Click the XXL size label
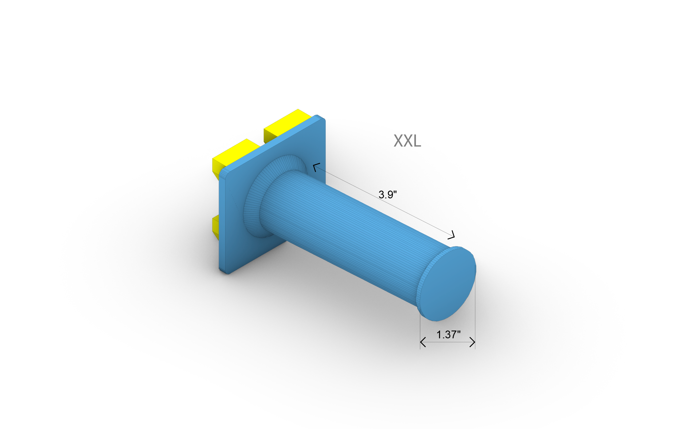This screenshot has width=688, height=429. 407,141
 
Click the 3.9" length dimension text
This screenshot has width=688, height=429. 387,195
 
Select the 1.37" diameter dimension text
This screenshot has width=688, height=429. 448,335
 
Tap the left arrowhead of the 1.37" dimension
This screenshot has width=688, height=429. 422,342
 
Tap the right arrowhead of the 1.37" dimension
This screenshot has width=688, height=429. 473,342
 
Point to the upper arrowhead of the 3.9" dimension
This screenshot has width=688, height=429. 316,166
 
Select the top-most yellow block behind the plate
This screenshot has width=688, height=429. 288,124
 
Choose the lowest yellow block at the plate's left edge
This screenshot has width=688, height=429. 215,226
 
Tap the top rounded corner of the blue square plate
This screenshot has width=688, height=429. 320,117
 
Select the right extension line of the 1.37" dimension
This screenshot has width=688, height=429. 475,317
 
